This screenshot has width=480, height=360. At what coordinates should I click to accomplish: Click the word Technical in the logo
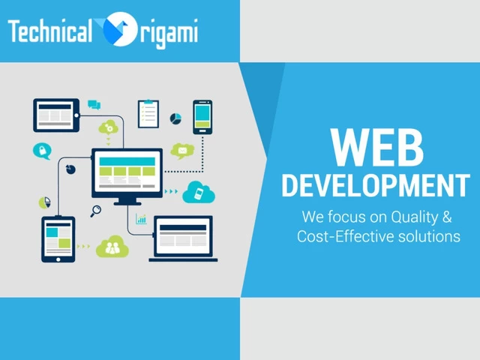(50, 31)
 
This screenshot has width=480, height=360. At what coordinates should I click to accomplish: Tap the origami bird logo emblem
(118, 29)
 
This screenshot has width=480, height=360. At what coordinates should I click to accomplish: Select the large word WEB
(376, 147)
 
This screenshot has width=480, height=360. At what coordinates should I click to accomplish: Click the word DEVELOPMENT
(376, 185)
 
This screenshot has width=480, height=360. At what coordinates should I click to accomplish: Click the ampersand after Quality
(447, 217)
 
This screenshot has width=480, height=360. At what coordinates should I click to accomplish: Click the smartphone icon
(202, 117)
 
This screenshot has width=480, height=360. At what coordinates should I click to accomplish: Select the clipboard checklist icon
(148, 113)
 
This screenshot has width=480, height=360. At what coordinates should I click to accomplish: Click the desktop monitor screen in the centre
(127, 172)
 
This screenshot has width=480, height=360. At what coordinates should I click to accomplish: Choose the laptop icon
(183, 238)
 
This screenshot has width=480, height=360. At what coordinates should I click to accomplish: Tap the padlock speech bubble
(42, 151)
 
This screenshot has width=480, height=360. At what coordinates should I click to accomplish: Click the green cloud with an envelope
(182, 151)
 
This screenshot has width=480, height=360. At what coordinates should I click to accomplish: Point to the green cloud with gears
(109, 127)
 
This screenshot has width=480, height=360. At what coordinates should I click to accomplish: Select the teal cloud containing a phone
(199, 192)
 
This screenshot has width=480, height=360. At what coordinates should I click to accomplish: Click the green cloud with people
(112, 247)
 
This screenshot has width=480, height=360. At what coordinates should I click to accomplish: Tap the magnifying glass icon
(96, 211)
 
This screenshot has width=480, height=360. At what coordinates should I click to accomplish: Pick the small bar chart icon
(141, 219)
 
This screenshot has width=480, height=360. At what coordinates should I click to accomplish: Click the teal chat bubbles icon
(94, 105)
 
